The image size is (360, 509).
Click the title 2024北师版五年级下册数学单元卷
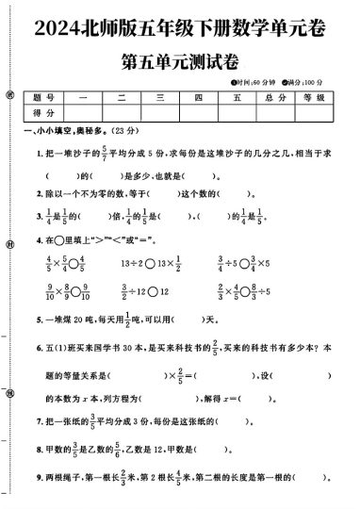(x=179, y=29)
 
